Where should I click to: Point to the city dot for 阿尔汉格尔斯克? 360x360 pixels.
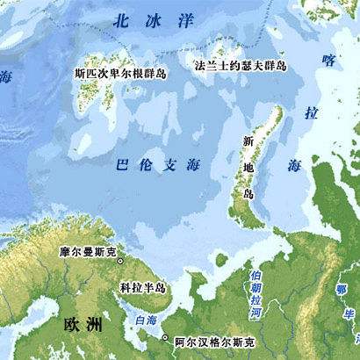(x=163, y=336)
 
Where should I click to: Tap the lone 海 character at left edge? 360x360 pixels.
(x=7, y=77)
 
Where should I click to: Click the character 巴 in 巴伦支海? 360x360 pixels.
(x=123, y=162)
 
